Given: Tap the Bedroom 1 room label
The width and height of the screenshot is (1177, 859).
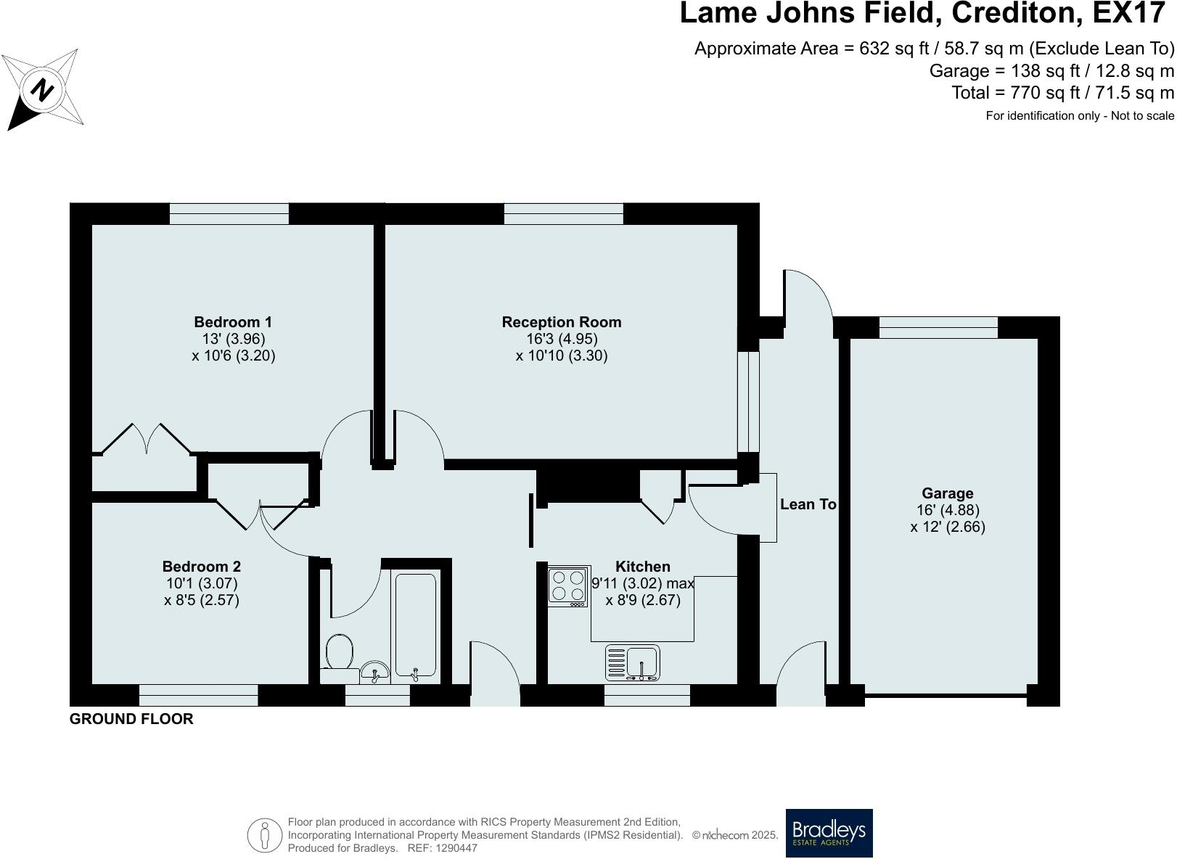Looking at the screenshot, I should [x=233, y=322].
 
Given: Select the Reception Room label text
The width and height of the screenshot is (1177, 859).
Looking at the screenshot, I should [x=562, y=322].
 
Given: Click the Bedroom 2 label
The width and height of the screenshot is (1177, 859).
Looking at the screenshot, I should [x=201, y=567].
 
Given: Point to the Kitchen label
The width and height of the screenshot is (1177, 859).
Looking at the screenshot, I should [x=642, y=567].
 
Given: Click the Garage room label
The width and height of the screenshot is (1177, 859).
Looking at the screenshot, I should [x=947, y=493].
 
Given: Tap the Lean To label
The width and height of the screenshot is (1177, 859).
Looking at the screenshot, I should [x=808, y=504].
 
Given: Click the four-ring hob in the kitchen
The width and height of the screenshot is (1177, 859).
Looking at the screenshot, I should [x=567, y=586].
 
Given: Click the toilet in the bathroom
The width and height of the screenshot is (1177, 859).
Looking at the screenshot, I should [x=339, y=652].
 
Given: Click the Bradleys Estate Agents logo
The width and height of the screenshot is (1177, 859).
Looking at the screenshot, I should [x=829, y=833].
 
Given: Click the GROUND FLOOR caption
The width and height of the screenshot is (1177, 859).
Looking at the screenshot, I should [x=131, y=719].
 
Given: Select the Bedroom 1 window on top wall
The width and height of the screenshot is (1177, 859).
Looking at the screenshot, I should [x=229, y=213].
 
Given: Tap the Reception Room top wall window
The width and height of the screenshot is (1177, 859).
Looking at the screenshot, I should [x=563, y=213].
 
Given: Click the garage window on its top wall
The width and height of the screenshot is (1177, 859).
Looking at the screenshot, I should [x=938, y=327].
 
